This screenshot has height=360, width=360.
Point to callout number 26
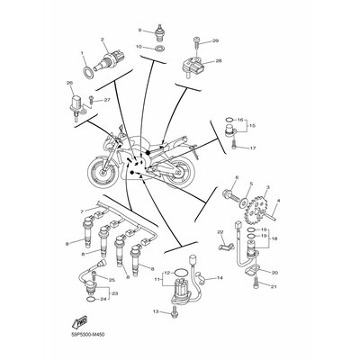tap(69, 83)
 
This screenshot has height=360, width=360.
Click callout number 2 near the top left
tap(103, 40)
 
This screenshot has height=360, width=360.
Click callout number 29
tap(215, 40)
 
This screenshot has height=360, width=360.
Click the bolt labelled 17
tap(231, 143)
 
